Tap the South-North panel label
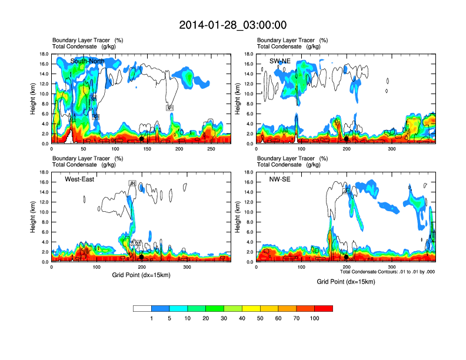[x=88, y=61]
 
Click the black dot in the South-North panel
[x=142, y=139]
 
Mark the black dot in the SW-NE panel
[x=347, y=139]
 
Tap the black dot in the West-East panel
[x=142, y=257]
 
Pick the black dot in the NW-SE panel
[x=347, y=257]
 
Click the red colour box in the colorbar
[x=324, y=308]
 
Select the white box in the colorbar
[x=142, y=308]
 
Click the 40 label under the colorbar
[x=242, y=318]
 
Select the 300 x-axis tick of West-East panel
[x=187, y=268]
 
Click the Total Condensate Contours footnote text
[x=387, y=272]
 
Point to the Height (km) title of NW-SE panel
[x=238, y=217]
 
